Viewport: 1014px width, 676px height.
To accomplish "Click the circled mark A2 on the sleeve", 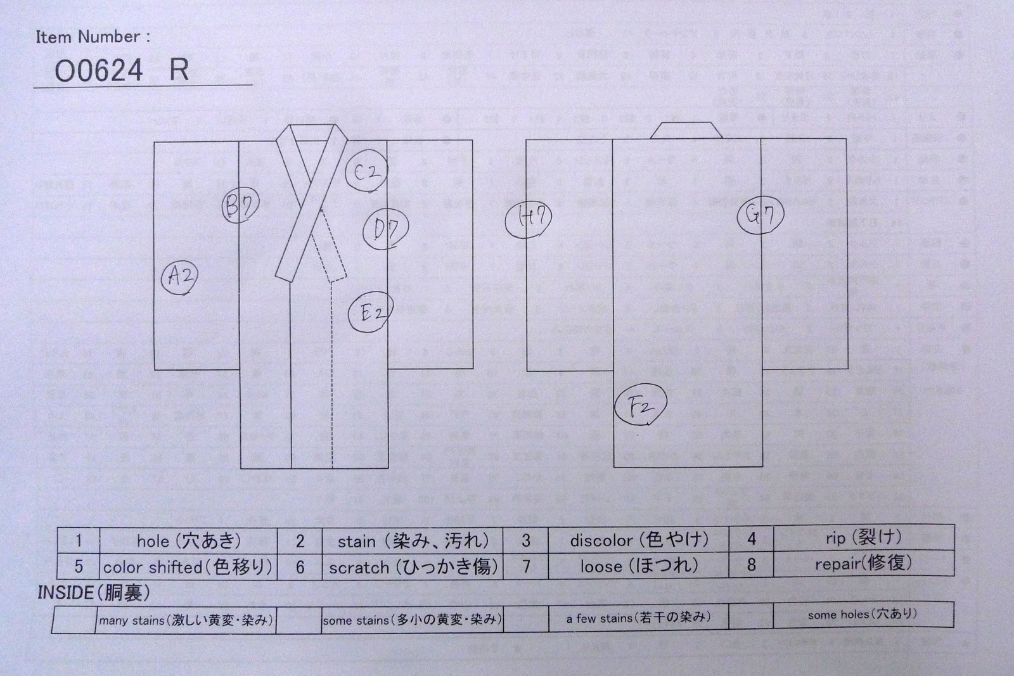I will (179, 277).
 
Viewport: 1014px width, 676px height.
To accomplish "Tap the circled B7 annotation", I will (240, 206).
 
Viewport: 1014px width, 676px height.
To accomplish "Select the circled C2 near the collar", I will (367, 171).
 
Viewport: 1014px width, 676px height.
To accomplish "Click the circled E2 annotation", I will (371, 311).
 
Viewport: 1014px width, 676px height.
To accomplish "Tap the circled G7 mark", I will (760, 215).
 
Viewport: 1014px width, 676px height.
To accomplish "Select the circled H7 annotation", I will (529, 219).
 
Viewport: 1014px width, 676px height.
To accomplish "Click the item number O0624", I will (99, 70).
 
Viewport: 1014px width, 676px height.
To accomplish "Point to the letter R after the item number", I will (179, 70).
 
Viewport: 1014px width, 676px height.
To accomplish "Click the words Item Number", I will (93, 37).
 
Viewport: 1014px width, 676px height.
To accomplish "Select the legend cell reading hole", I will (189, 540).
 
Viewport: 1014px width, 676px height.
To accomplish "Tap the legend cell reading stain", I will (413, 540).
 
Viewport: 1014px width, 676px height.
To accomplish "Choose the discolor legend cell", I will (638, 540).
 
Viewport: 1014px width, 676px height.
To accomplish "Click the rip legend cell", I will (863, 538).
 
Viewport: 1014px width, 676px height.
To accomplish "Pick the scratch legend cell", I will (413, 566).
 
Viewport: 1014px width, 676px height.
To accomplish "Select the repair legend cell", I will (863, 563).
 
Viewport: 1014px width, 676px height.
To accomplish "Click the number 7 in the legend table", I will (525, 566).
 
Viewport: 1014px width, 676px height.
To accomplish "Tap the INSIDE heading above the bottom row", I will (93, 592).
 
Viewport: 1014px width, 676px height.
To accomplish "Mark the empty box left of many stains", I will (74, 620).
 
